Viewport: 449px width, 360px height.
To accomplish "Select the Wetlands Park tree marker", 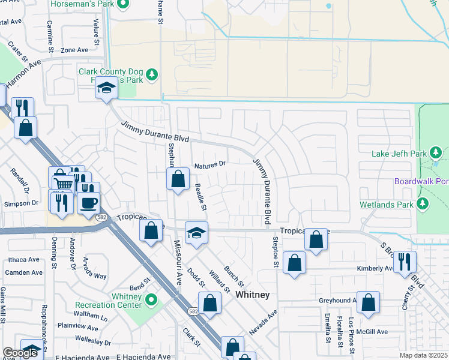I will (x=424, y=204).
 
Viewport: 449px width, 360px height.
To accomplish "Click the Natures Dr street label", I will (x=209, y=163).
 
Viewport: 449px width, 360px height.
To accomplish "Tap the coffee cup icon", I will (x=88, y=203).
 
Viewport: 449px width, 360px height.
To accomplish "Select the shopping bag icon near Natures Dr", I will (x=178, y=179).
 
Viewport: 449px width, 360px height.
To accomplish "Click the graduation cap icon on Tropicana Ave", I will (x=196, y=233).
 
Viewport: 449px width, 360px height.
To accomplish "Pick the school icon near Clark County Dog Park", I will (x=107, y=89).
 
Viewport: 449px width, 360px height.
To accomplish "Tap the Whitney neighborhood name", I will (x=252, y=295).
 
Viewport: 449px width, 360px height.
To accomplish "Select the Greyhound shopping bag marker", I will (x=368, y=302).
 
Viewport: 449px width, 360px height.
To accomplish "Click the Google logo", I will (x=20, y=353).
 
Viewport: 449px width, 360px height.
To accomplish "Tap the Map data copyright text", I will (x=423, y=355).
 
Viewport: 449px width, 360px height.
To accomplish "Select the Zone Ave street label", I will (x=74, y=50).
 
